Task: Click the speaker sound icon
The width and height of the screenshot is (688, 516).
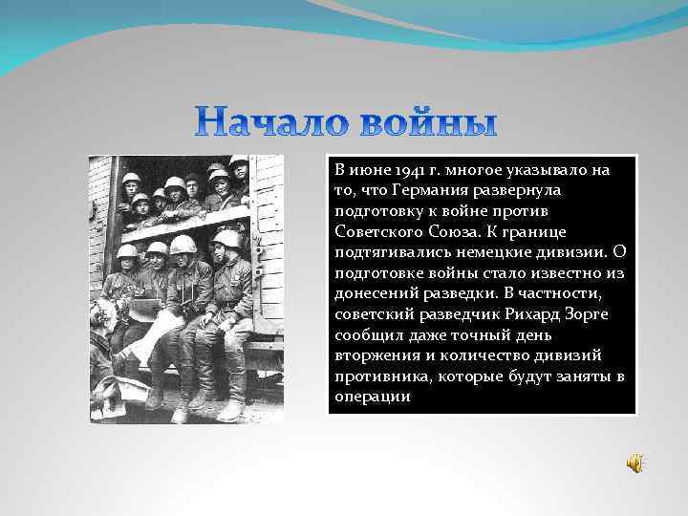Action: pyautogui.click(x=634, y=463)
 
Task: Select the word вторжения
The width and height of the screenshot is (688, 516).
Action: pyautogui.click(x=376, y=357)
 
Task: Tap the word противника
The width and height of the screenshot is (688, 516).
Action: pyautogui.click(x=380, y=377)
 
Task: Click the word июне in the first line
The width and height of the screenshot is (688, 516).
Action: pyautogui.click(x=365, y=170)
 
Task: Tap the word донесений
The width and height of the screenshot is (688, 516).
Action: pyautogui.click(x=376, y=294)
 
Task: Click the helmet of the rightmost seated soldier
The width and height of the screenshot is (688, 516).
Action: pyautogui.click(x=227, y=239)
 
